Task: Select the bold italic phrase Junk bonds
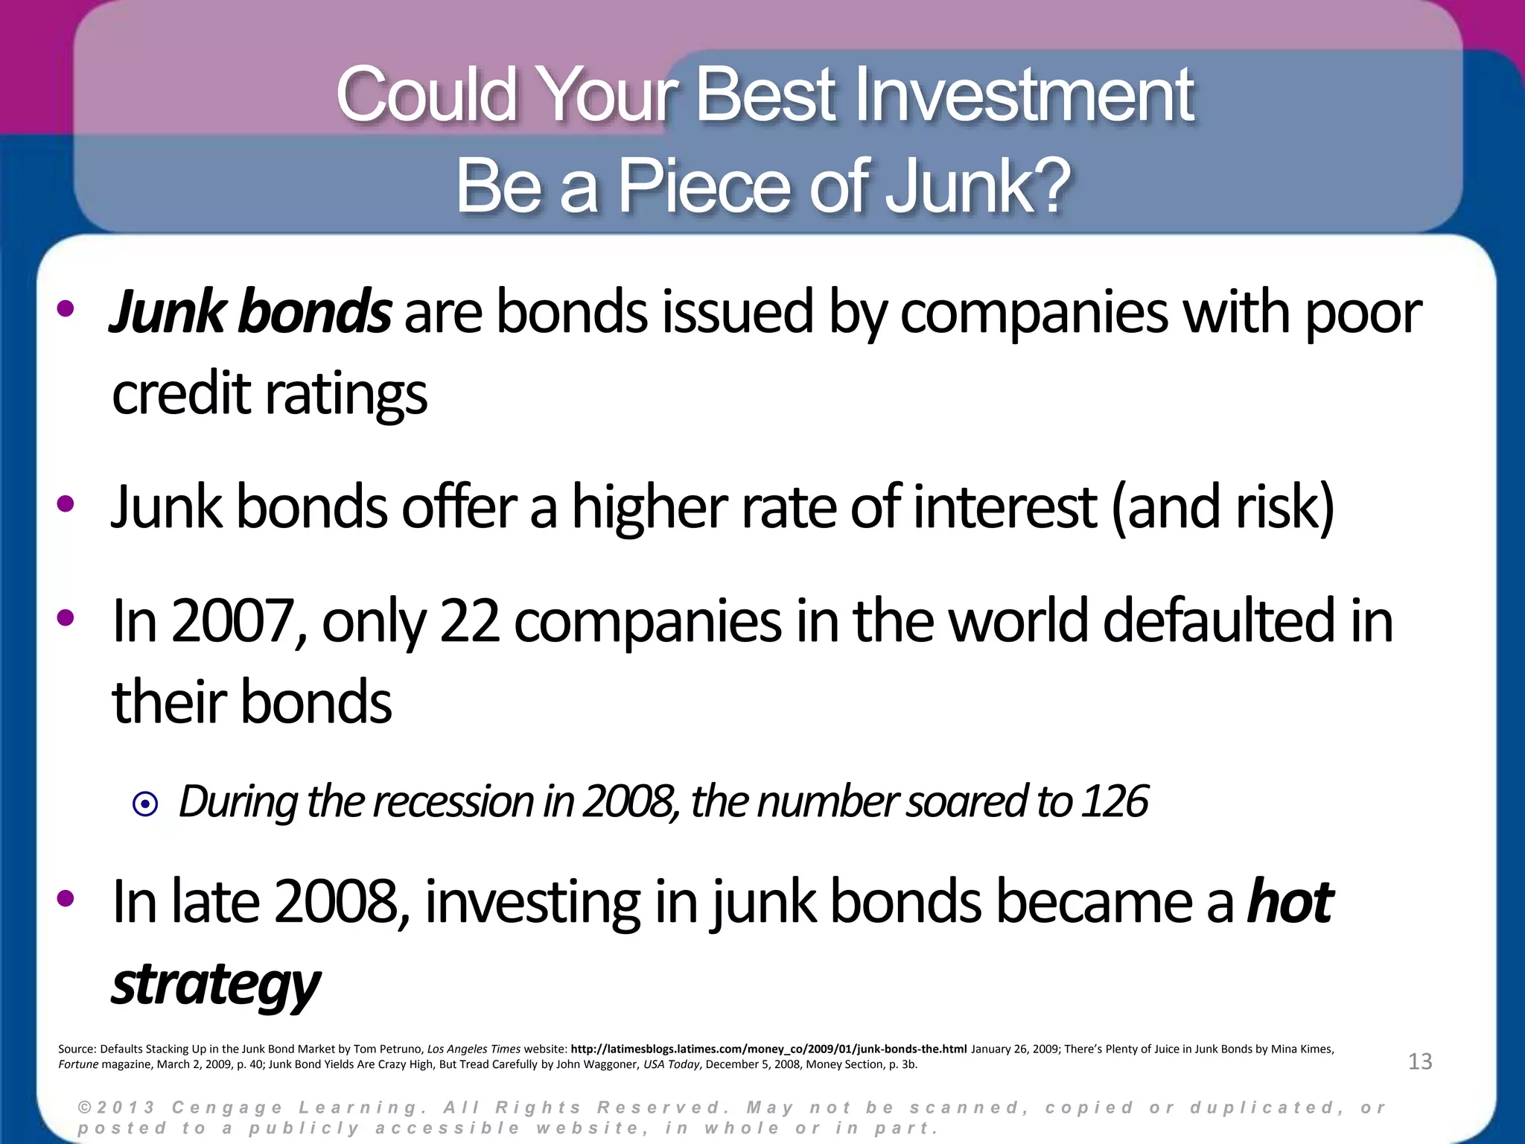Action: [x=250, y=313]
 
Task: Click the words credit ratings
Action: [x=270, y=395]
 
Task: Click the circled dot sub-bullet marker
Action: [x=145, y=804]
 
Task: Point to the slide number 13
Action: [x=1420, y=1061]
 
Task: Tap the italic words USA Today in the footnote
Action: [x=671, y=1064]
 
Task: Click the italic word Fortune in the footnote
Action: [x=78, y=1064]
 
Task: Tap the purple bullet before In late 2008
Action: [x=66, y=898]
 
